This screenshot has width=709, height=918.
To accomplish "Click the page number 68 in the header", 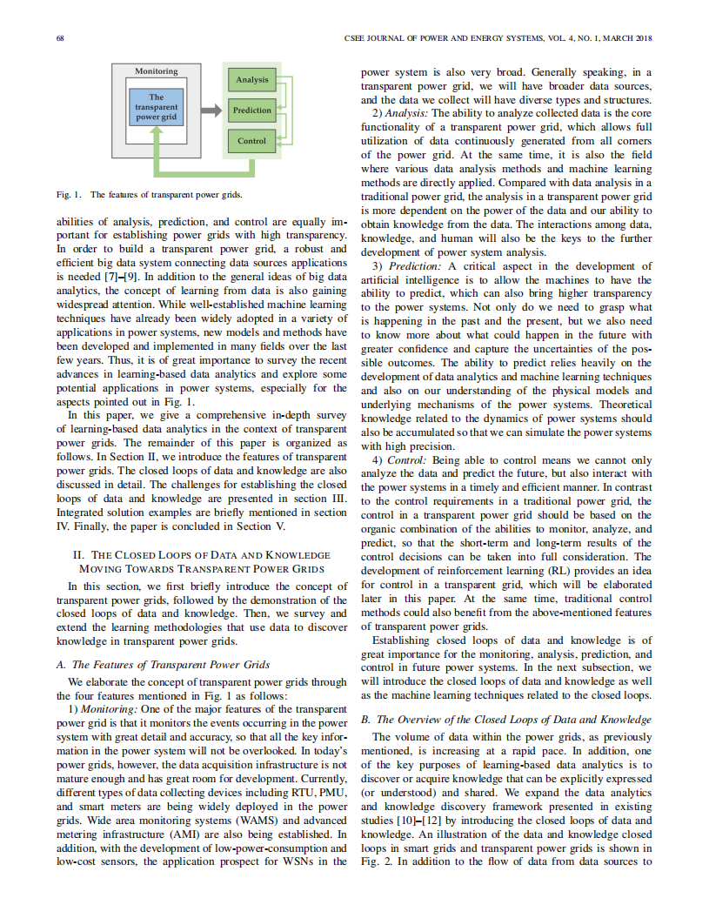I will [x=61, y=38].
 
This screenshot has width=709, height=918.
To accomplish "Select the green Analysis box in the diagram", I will [x=252, y=80].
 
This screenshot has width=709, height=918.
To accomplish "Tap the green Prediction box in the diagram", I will [x=252, y=111].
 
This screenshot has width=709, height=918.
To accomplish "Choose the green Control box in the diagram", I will [x=252, y=141].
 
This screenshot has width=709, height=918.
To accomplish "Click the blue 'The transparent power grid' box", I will [x=157, y=106].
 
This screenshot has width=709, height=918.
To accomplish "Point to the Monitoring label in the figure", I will [x=157, y=71].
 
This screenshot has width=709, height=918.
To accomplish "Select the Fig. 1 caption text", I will [x=149, y=194].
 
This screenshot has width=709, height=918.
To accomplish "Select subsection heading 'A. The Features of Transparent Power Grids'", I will [x=163, y=665].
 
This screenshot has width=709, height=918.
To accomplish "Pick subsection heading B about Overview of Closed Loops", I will [x=505, y=720].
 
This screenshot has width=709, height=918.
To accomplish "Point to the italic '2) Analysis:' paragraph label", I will [x=400, y=113].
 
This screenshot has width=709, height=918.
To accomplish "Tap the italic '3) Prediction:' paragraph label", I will [x=407, y=265].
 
